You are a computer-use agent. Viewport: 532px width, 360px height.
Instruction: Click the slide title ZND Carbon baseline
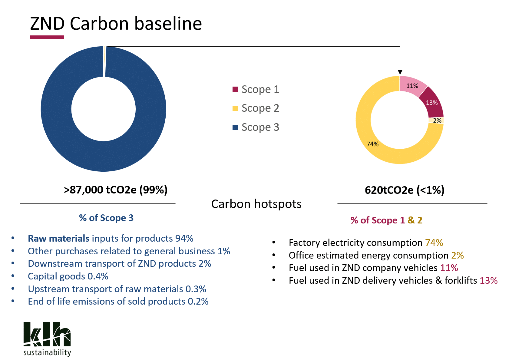pyautogui.click(x=116, y=24)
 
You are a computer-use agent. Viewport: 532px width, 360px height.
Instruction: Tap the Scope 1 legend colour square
pyautogui.click(x=235, y=89)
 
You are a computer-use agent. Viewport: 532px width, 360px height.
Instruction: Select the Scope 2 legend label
pyautogui.click(x=260, y=108)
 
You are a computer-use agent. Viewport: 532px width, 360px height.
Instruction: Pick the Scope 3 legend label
pyautogui.click(x=260, y=127)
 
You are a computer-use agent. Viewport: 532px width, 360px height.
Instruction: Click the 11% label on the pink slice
pyautogui.click(x=412, y=86)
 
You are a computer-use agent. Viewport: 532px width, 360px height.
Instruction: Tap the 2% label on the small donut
pyautogui.click(x=437, y=121)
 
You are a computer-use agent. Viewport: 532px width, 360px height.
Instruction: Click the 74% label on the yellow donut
pyautogui.click(x=373, y=144)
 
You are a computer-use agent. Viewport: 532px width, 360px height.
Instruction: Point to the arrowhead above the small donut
pyautogui.click(x=400, y=73)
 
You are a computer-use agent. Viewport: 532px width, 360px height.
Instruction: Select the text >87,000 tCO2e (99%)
pyautogui.click(x=116, y=190)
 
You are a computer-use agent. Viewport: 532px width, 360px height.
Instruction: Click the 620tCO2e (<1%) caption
pyautogui.click(x=405, y=190)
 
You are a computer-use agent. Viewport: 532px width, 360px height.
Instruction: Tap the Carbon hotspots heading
pyautogui.click(x=256, y=204)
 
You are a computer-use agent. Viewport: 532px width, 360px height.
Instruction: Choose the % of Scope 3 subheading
pyautogui.click(x=106, y=218)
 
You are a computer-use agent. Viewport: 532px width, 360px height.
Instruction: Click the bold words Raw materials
pyautogui.click(x=59, y=239)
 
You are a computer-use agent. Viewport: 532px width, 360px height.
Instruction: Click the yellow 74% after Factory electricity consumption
pyautogui.click(x=434, y=243)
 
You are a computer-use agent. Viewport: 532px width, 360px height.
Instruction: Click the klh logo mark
pyautogui.click(x=47, y=334)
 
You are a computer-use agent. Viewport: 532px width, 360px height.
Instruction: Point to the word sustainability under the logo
pyautogui.click(x=47, y=353)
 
